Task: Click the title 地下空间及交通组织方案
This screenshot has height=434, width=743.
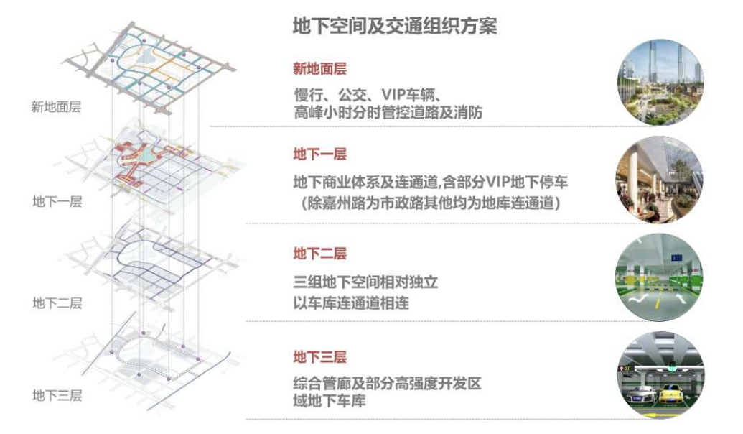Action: pyautogui.click(x=395, y=27)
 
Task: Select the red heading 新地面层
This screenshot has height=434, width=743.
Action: pyautogui.click(x=319, y=69)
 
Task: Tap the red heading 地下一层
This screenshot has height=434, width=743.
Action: pyautogui.click(x=319, y=154)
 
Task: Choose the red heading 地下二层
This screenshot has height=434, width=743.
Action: pyautogui.click(x=319, y=254)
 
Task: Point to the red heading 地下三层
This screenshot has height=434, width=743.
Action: pyautogui.click(x=319, y=356)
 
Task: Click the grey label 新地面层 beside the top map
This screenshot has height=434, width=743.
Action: pyautogui.click(x=56, y=108)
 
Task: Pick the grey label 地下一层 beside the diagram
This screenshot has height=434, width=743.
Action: pyautogui.click(x=57, y=201)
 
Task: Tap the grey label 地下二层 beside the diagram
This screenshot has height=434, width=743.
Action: pyautogui.click(x=57, y=303)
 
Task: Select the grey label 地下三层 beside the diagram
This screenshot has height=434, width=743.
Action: pyautogui.click(x=57, y=394)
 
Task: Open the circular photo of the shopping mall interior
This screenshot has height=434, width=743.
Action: pyautogui.click(x=659, y=180)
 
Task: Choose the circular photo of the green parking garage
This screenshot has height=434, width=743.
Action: pyautogui.click(x=659, y=278)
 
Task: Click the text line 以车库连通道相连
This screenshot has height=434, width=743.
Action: pyautogui.click(x=351, y=303)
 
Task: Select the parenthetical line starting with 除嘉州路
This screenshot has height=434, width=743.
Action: pyautogui.click(x=431, y=204)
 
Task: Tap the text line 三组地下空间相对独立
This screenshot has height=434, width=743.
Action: pyautogui.click(x=365, y=282)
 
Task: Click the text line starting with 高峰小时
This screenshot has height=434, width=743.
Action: pyautogui.click(x=388, y=113)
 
